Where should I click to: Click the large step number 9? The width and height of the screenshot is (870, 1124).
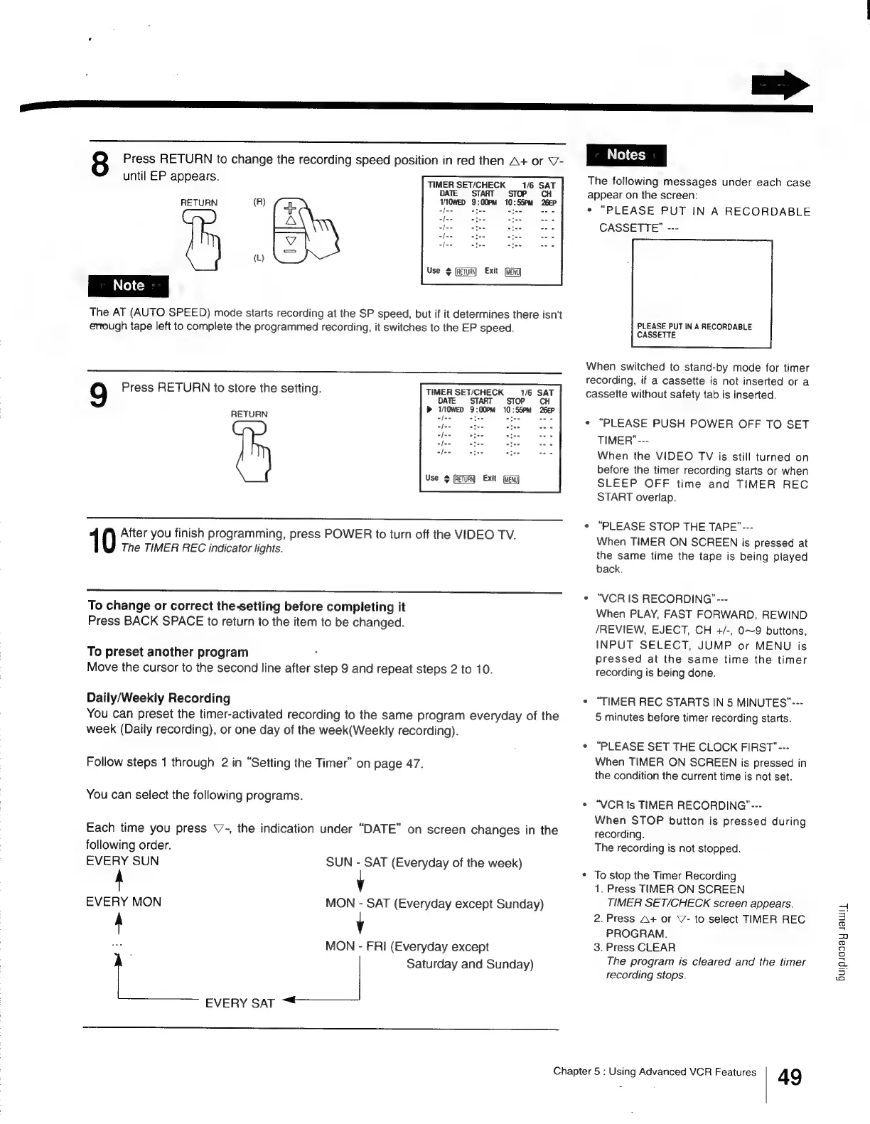(100, 396)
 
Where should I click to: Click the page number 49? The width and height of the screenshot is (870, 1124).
(790, 1077)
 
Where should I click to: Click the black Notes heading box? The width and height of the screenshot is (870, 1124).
(625, 155)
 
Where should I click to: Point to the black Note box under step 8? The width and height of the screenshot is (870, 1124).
(128, 286)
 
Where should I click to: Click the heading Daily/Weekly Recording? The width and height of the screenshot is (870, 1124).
(159, 698)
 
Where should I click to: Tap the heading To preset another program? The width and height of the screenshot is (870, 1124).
(168, 652)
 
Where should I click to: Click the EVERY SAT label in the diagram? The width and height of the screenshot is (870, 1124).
(240, 1003)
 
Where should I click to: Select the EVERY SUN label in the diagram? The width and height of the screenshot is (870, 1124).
(122, 861)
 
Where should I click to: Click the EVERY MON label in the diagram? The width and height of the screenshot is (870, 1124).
(124, 902)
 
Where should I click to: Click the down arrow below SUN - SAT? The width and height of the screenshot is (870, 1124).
(360, 882)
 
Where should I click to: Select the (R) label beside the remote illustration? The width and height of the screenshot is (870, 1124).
(259, 202)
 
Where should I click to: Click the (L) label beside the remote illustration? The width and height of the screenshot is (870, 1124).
(259, 258)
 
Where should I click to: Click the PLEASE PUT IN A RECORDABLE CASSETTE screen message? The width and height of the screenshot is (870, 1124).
(694, 331)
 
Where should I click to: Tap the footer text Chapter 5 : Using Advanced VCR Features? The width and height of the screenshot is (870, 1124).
(655, 1071)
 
